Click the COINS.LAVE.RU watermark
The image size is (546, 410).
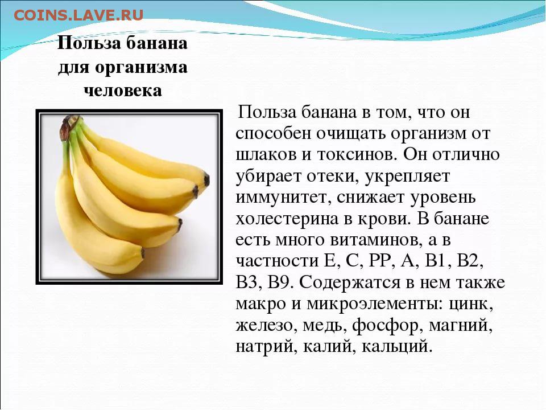tap(78, 15)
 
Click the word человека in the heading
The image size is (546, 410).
tap(123, 91)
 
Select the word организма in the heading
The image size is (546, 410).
tap(141, 67)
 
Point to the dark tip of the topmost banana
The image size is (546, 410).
tap(207, 179)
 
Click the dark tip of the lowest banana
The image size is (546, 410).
tap(142, 252)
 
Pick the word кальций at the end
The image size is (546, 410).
tap(396, 347)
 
